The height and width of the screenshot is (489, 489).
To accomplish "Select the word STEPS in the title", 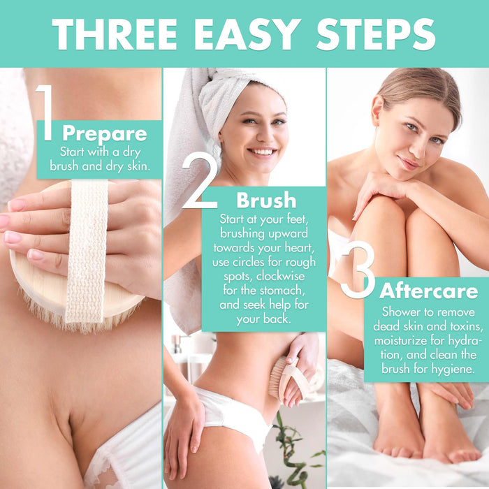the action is [376, 34].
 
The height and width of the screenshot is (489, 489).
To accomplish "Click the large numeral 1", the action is [45, 112].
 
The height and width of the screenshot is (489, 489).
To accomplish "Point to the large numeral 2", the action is [199, 182].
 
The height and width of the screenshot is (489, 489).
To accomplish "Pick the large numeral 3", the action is [358, 269].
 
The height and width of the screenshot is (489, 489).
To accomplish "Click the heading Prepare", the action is [105, 134].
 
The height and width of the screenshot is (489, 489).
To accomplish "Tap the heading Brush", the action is [266, 200].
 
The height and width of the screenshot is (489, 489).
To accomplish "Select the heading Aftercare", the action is [428, 291].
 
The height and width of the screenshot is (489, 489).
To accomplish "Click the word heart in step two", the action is [300, 247].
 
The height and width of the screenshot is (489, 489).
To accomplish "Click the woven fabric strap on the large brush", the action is [87, 250].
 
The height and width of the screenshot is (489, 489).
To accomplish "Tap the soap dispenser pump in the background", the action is [177, 344].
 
